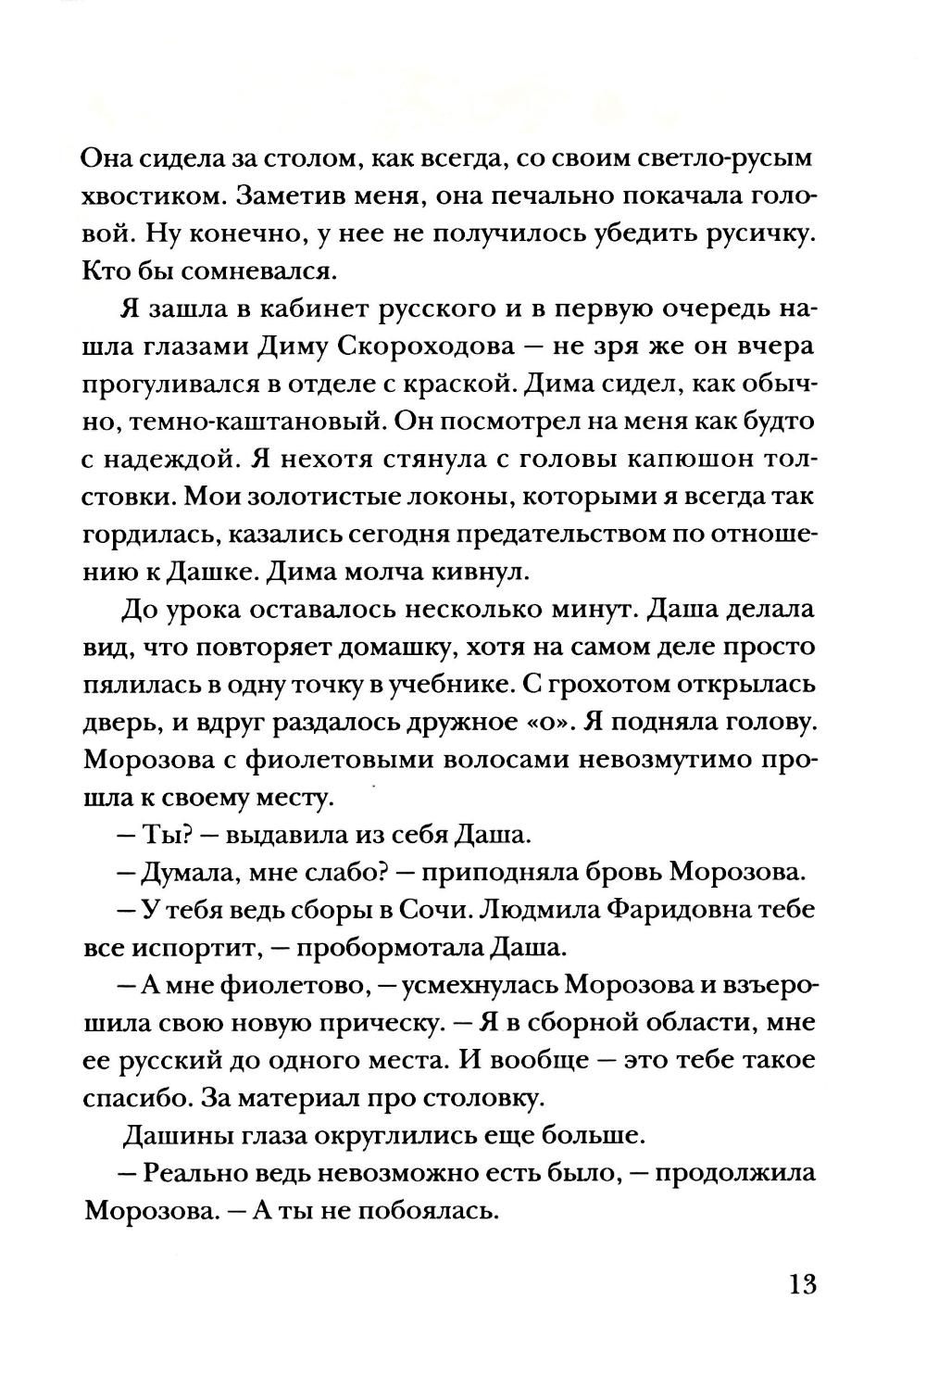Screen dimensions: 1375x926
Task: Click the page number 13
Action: [x=802, y=1285]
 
